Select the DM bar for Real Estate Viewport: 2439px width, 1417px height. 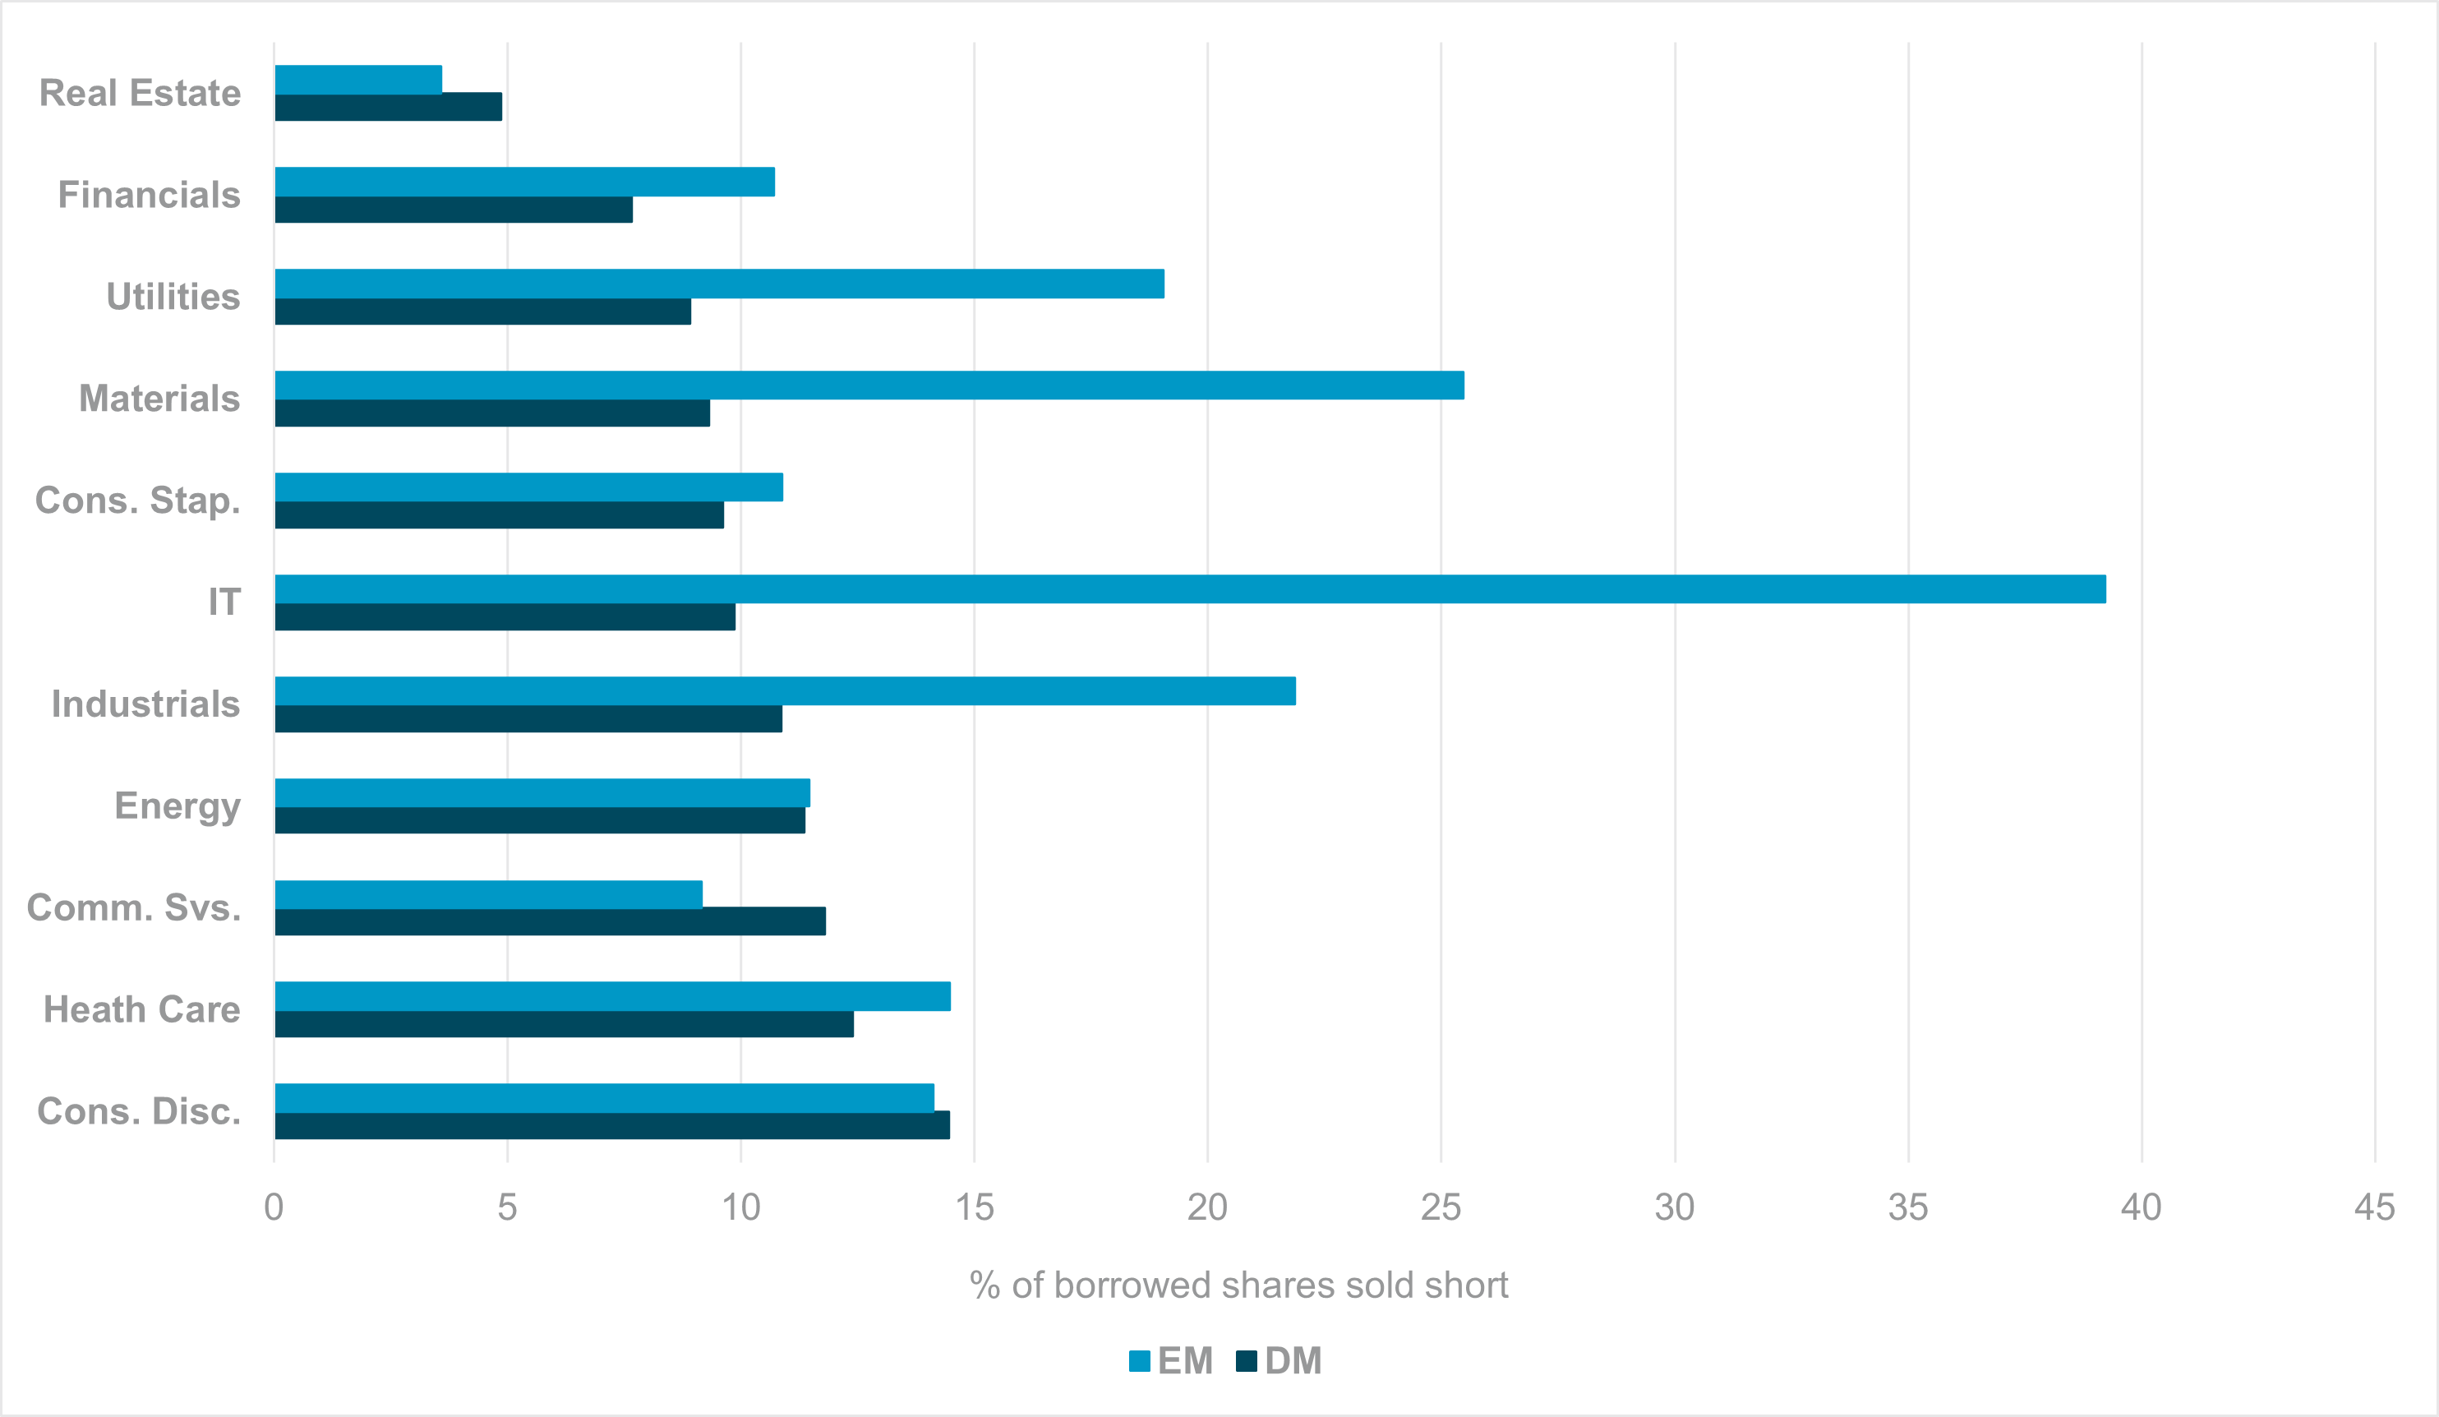click(388, 108)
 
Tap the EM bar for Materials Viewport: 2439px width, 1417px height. click(869, 385)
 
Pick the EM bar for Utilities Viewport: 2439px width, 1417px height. click(719, 284)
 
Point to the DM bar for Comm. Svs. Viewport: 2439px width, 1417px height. click(550, 921)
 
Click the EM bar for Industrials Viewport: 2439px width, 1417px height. click(785, 691)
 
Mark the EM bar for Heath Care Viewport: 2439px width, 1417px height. click(613, 996)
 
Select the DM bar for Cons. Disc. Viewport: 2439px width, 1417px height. click(611, 1126)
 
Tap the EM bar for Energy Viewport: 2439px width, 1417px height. click(542, 792)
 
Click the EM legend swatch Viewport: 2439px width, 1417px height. click(1139, 1361)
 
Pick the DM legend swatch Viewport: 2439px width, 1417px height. click(1247, 1361)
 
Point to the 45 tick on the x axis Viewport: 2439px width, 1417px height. click(2374, 1207)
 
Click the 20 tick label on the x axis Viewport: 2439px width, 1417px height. click(1207, 1207)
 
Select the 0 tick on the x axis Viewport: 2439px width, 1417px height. click(274, 1207)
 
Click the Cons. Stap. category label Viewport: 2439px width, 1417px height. click(137, 501)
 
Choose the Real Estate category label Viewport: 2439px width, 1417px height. click(141, 93)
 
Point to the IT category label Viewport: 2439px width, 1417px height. click(224, 602)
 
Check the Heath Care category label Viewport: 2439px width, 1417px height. click(142, 1009)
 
